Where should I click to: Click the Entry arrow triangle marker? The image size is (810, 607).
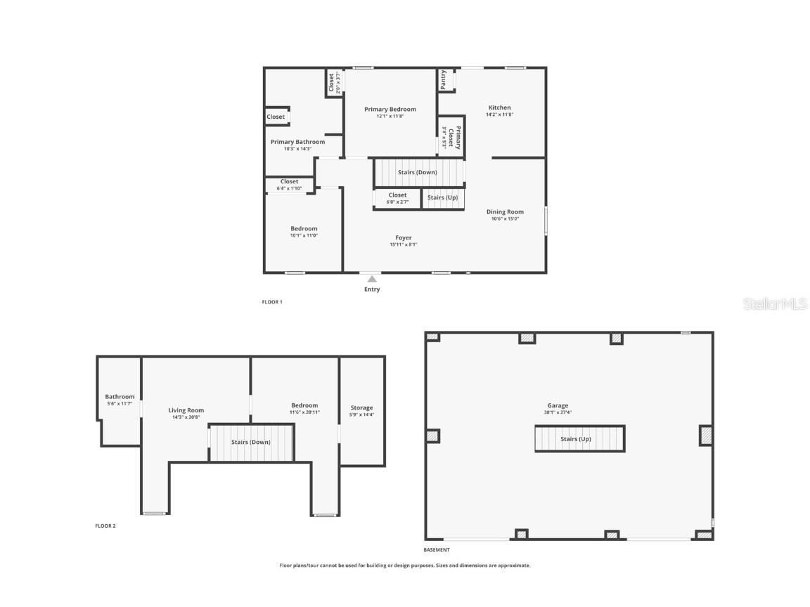coord(372,279)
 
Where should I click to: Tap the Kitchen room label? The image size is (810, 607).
coord(500,107)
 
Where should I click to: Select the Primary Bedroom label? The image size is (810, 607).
coord(390,109)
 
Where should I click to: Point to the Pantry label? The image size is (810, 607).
coord(444,80)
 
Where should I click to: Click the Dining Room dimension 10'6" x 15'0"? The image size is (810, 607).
coord(505,218)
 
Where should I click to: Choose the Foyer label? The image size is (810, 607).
coord(404,237)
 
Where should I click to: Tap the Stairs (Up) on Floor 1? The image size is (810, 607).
coord(443,197)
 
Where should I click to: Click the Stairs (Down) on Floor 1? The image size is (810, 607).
coord(417,172)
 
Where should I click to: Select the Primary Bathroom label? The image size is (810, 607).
coord(297,142)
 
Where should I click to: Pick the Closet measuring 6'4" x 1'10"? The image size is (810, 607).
coord(289,185)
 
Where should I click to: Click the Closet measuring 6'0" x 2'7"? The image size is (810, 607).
coord(397,198)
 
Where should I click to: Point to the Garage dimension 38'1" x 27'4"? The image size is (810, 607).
coord(559,412)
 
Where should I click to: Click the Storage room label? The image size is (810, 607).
coord(362,407)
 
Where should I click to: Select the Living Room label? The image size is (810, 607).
coord(186,410)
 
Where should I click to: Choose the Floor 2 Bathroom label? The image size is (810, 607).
coord(120,397)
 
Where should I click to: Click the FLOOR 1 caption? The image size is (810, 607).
coord(272,302)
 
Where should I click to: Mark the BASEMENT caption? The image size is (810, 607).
coord(437,550)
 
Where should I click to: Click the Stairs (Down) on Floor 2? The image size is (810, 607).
coord(250,443)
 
